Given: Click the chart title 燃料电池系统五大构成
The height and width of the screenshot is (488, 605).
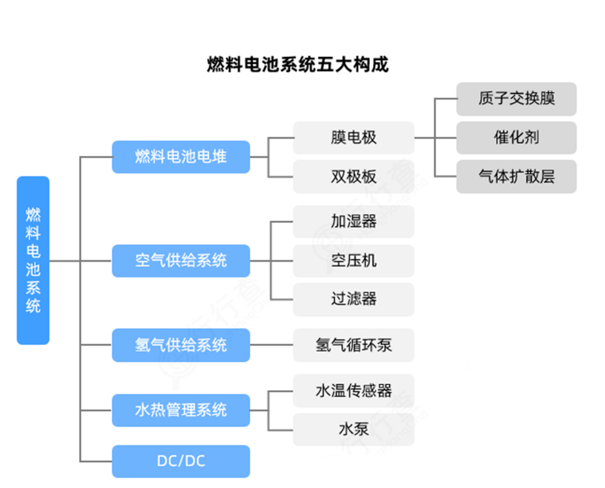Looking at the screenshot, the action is pyautogui.click(x=297, y=65).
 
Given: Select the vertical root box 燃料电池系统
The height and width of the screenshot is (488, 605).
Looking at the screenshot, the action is pyautogui.click(x=33, y=260).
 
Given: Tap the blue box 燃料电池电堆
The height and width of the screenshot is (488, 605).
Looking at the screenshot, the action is pyautogui.click(x=181, y=157).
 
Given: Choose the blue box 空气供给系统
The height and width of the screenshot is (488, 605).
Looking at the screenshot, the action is pyautogui.click(x=181, y=260).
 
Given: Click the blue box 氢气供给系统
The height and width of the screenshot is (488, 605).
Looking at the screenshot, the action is pyautogui.click(x=181, y=345).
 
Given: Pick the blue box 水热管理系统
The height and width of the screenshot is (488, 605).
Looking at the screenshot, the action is pyautogui.click(x=181, y=410).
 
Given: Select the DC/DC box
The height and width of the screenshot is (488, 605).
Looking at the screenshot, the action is pyautogui.click(x=181, y=461).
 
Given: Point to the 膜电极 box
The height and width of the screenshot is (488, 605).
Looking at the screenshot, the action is pyautogui.click(x=354, y=138).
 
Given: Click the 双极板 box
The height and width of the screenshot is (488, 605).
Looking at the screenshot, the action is pyautogui.click(x=354, y=176).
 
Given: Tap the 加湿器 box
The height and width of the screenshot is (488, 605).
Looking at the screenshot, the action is pyautogui.click(x=354, y=221).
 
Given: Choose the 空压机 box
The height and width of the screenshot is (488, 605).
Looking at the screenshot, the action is pyautogui.click(x=354, y=260).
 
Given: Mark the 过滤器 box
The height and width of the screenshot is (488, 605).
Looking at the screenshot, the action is pyautogui.click(x=354, y=299).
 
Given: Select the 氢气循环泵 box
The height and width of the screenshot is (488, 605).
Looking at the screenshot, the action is pyautogui.click(x=354, y=345).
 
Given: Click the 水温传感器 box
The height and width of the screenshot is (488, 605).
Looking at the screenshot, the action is pyautogui.click(x=354, y=390).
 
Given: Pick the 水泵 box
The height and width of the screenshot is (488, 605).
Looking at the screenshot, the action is pyautogui.click(x=354, y=430).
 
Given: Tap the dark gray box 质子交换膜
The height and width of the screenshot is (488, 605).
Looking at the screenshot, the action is pyautogui.click(x=517, y=99).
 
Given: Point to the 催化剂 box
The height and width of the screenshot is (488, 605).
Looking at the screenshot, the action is pyautogui.click(x=517, y=138).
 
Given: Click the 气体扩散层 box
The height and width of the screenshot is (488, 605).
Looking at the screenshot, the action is pyautogui.click(x=517, y=176).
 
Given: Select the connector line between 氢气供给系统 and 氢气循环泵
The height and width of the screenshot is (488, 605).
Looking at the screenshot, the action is pyautogui.click(x=272, y=345).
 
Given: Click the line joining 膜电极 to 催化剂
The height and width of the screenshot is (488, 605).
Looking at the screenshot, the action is pyautogui.click(x=435, y=138).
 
